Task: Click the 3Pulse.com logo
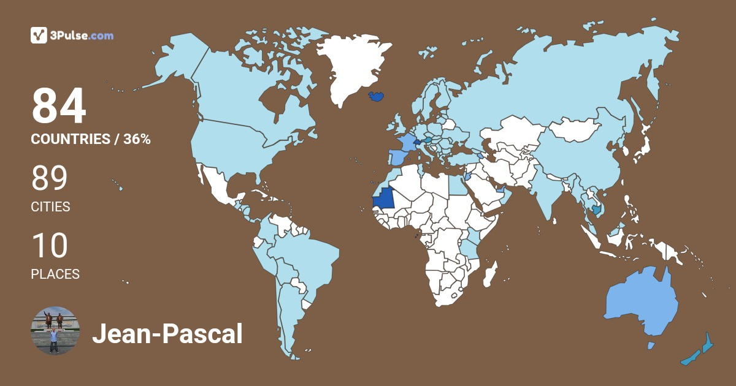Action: pyautogui.click(x=72, y=36)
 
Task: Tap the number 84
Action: pyautogui.click(x=59, y=107)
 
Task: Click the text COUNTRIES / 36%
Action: pyautogui.click(x=91, y=139)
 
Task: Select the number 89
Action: pyautogui.click(x=49, y=178)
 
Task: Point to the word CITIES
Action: pyautogui.click(x=50, y=207)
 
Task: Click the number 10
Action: pyautogui.click(x=49, y=246)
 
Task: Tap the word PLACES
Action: pyautogui.click(x=55, y=274)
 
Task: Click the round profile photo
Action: pyautogui.click(x=55, y=331)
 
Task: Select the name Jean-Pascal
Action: pyautogui.click(x=167, y=335)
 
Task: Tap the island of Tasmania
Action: pyautogui.click(x=651, y=346)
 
